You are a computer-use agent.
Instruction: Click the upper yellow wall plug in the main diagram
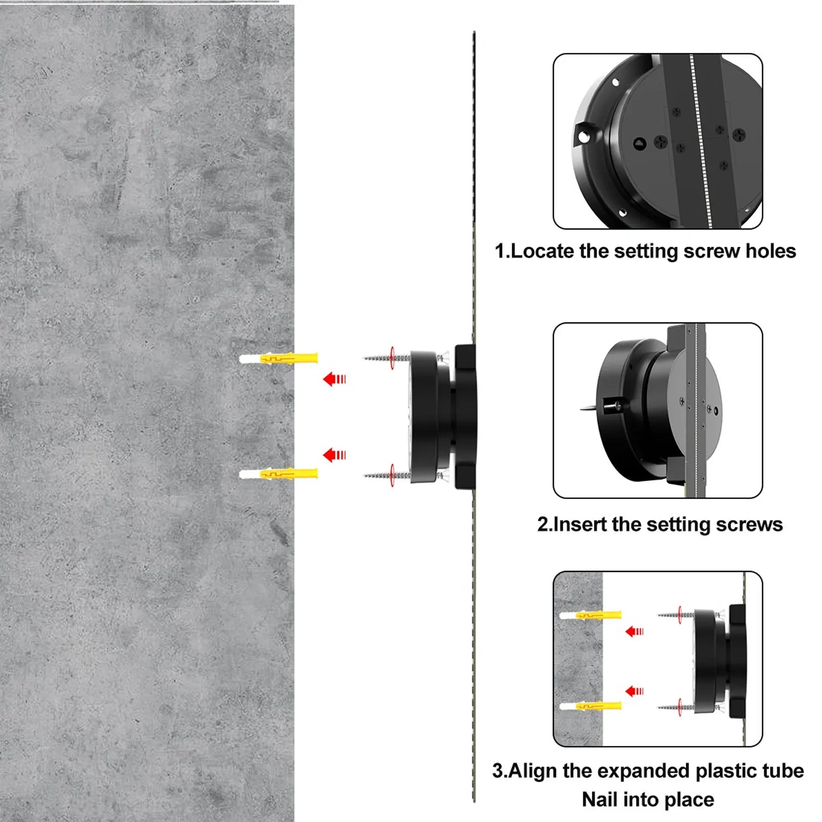pos(278,358)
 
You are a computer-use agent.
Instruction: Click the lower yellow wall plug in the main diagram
pos(278,474)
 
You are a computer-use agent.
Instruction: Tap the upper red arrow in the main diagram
pos(334,379)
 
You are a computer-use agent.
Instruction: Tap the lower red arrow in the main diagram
pos(334,455)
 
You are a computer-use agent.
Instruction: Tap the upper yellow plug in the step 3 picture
pos(590,615)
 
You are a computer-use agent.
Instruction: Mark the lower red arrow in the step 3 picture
pos(635,691)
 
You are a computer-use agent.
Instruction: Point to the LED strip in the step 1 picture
pos(701,141)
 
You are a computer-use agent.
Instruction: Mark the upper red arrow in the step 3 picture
pos(635,632)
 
